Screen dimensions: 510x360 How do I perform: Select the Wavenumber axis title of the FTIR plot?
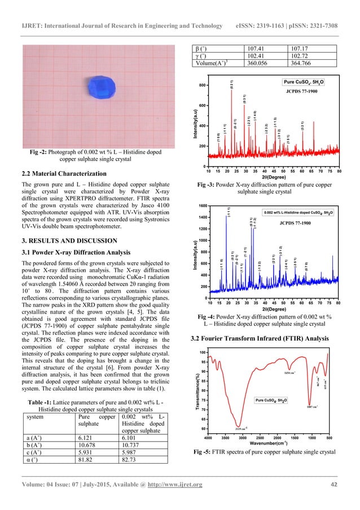(x=269, y=443)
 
